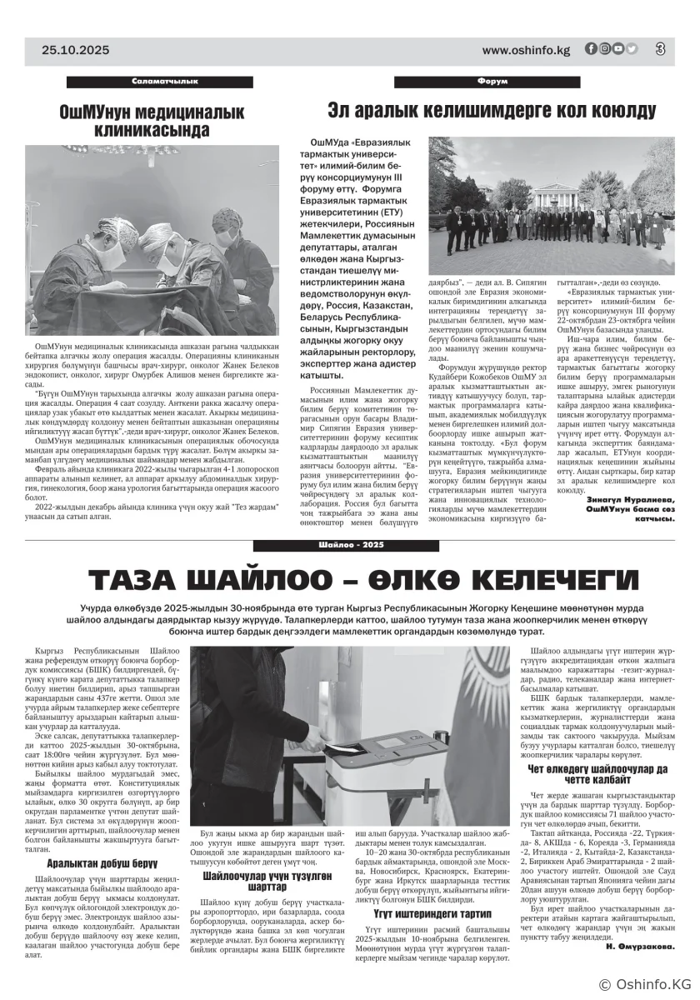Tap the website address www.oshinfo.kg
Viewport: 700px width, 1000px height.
tap(526, 50)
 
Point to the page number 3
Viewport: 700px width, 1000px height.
tap(660, 49)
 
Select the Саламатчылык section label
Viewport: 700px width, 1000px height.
tap(164, 81)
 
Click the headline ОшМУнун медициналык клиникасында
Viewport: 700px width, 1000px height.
tap(151, 121)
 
